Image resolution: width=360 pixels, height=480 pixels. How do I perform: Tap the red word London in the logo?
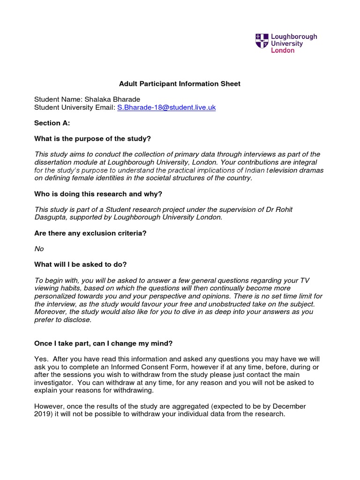tap(283, 51)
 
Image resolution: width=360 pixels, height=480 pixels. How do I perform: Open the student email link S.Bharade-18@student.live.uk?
tap(166, 107)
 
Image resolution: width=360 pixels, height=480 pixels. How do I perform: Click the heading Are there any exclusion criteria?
tap(90, 233)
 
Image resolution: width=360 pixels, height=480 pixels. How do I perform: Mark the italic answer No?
tap(39, 249)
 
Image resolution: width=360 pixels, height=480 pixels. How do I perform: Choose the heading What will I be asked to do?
tap(81, 264)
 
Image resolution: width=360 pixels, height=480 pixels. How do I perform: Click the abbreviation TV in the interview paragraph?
tap(304, 280)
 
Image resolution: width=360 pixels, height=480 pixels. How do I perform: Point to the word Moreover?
tap(51, 312)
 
